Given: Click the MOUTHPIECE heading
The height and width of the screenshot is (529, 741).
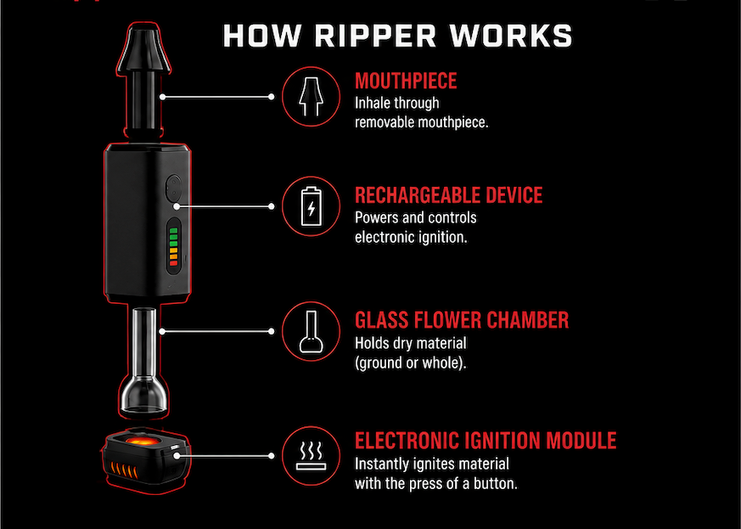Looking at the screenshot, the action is coord(406,81).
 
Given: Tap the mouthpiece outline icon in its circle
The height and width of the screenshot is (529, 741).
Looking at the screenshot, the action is coord(311,97).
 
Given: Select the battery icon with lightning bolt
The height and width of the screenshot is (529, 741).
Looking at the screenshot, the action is coord(311,206).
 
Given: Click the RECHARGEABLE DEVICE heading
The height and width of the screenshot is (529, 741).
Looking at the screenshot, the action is coord(448,195).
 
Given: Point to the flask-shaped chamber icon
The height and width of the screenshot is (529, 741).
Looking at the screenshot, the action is coord(311,332).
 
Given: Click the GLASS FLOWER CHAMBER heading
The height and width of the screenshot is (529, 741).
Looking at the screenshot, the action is coord(462,320).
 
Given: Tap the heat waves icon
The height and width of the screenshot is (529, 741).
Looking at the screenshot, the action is coord(311,456).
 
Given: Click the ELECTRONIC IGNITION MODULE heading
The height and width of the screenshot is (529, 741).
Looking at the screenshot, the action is coord(486,441).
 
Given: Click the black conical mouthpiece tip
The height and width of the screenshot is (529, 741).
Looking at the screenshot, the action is coord(143,49).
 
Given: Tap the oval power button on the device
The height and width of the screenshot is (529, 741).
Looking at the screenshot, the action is coord(173,187).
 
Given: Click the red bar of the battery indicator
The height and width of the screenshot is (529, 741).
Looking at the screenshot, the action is coord(173,263).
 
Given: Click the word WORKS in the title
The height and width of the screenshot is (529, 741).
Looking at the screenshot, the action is coord(510,36).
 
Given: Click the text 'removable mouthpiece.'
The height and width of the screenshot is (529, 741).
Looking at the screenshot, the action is coord(422,122).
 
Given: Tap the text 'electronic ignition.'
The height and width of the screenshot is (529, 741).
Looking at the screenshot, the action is coord(411,237).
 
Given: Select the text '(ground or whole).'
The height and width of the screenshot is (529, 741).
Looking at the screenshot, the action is coord(410,363).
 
